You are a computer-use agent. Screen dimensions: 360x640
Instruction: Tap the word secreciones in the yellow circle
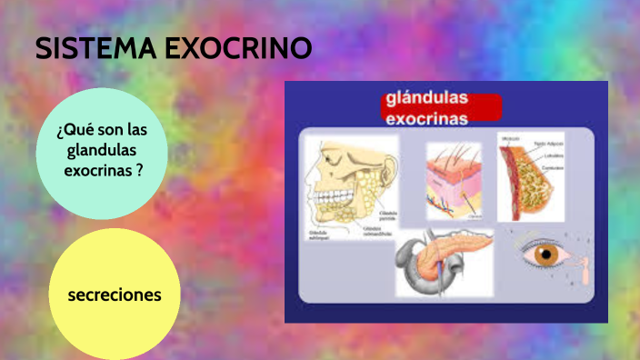pyautogui.click(x=115, y=295)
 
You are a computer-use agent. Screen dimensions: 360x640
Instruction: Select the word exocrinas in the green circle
pyautogui.click(x=98, y=170)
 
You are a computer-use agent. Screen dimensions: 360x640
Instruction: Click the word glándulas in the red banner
pyautogui.click(x=427, y=99)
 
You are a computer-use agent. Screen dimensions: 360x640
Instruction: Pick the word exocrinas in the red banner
pyautogui.click(x=427, y=118)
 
